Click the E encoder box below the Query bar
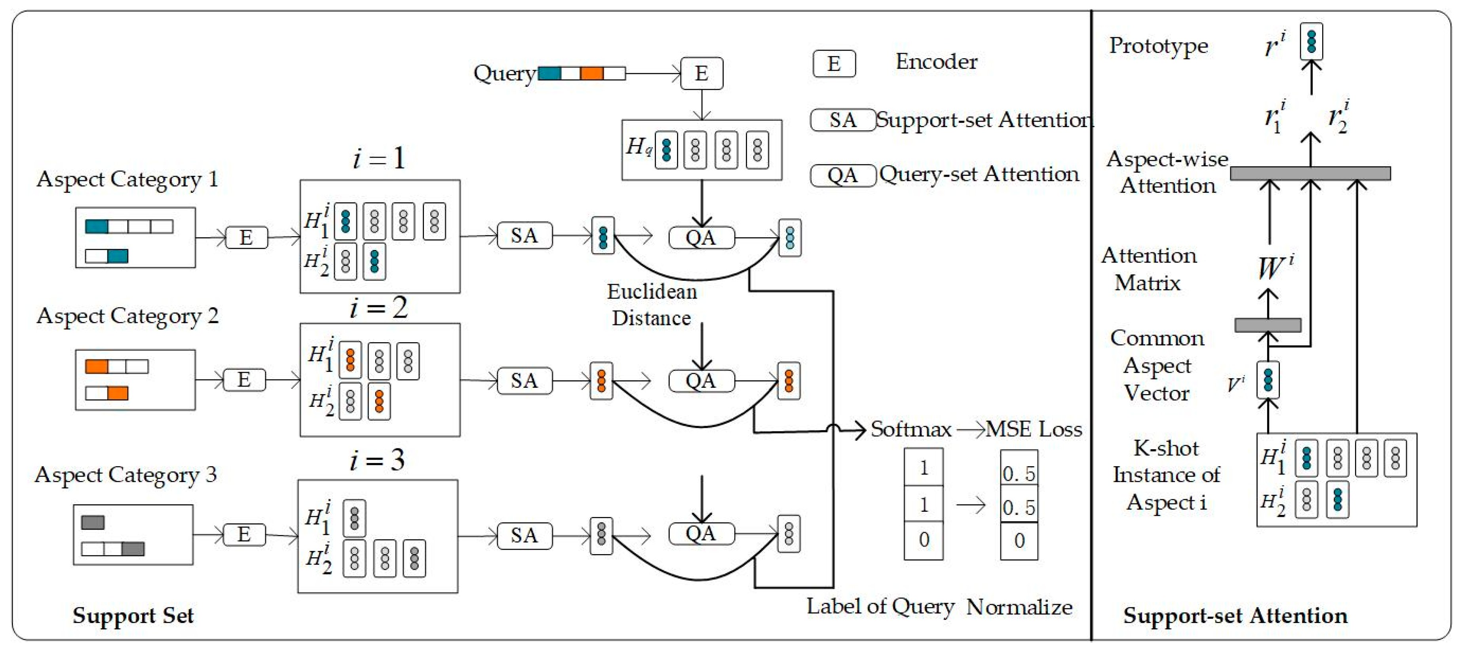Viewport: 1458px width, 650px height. [x=701, y=73]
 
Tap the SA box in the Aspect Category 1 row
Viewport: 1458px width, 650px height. [x=525, y=236]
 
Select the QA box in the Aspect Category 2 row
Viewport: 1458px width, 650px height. [x=701, y=381]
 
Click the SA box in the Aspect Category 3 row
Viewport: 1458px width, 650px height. [x=525, y=536]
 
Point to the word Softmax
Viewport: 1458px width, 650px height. [x=911, y=429]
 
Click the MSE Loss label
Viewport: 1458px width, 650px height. [x=1034, y=429]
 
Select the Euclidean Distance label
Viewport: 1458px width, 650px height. [x=652, y=305]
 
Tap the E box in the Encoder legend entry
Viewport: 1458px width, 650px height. [x=834, y=63]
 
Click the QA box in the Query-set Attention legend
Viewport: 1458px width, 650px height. [x=843, y=175]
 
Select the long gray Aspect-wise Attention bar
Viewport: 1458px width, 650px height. [x=1310, y=173]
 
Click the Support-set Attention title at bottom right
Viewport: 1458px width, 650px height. [x=1235, y=616]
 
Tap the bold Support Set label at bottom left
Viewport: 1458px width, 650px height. [x=133, y=616]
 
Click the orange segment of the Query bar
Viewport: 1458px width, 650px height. [x=592, y=73]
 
